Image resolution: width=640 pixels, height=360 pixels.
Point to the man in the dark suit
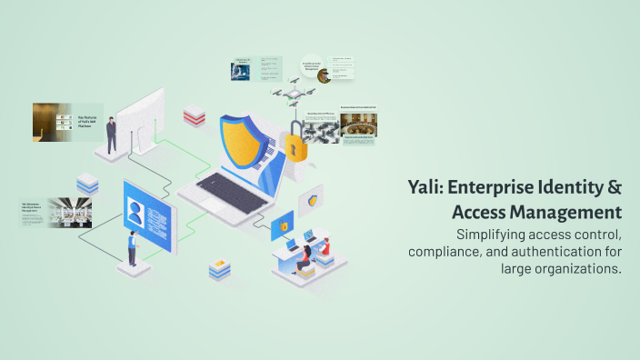(x=111, y=135)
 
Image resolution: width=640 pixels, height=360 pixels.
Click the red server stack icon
(x=194, y=115)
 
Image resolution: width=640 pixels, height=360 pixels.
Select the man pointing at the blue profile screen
(x=133, y=246)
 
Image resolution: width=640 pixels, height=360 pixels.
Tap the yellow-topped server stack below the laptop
(x=218, y=269)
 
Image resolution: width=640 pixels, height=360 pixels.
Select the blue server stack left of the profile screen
(x=87, y=185)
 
